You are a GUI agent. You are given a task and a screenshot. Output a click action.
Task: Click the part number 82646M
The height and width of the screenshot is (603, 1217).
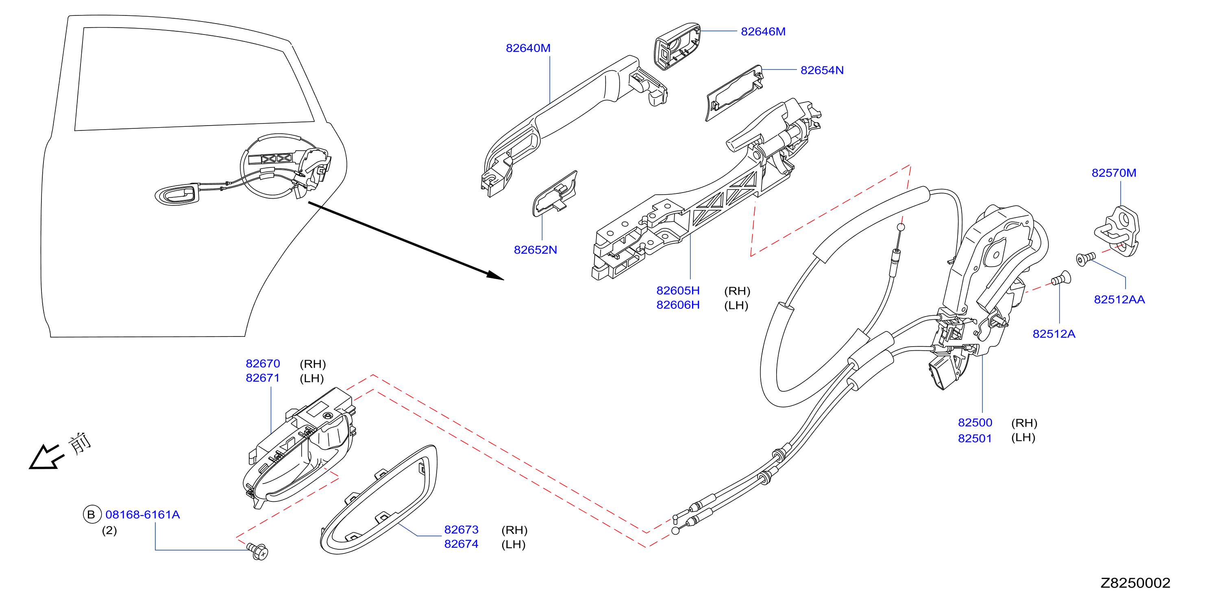(762, 32)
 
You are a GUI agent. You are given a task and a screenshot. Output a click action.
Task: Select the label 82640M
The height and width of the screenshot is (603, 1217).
(528, 48)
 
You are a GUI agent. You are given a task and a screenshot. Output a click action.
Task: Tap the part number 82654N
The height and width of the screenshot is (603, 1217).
(822, 70)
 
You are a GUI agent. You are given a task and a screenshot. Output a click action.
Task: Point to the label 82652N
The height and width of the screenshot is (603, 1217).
(535, 250)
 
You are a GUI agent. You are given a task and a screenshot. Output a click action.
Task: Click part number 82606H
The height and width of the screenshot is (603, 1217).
(677, 305)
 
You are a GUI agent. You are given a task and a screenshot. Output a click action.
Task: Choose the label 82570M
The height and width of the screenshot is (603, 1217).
(1114, 173)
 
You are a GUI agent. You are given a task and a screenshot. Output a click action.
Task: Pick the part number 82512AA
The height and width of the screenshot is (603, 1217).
(1119, 299)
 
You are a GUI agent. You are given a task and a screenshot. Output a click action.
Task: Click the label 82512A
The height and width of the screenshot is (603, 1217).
(1054, 334)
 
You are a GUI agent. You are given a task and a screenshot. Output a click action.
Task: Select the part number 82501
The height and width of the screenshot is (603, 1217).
(975, 438)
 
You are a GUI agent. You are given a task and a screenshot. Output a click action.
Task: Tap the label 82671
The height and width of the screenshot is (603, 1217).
(263, 378)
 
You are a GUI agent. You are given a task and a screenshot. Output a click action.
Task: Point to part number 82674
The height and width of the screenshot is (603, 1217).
(461, 544)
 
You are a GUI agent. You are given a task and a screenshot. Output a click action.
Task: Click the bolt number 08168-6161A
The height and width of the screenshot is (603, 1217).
(142, 515)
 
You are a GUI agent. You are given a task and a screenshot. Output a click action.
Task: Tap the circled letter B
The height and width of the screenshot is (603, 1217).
(91, 514)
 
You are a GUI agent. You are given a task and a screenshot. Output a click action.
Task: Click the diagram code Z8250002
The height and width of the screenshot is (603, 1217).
(1135, 583)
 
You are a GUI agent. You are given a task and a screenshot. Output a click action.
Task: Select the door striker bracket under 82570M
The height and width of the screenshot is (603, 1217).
(1117, 231)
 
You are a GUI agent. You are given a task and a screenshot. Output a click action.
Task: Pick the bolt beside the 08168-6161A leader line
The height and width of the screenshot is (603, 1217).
(257, 551)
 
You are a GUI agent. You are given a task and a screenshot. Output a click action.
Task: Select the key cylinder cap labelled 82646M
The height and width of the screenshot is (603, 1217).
(677, 46)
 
